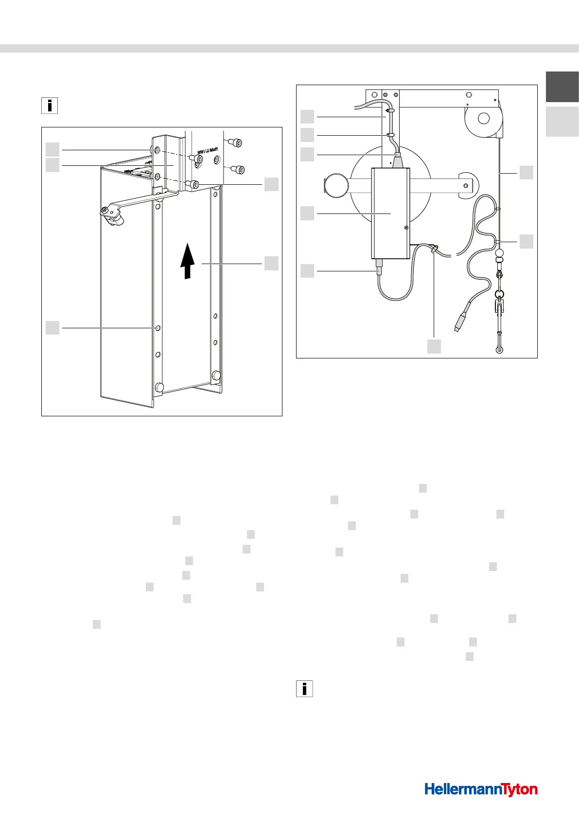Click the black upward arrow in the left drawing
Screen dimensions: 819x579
[x=188, y=263]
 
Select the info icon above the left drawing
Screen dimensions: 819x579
[x=50, y=106]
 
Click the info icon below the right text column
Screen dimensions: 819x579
[x=304, y=689]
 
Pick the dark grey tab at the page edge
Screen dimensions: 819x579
[x=562, y=87]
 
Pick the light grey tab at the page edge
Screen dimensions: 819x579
[x=562, y=122]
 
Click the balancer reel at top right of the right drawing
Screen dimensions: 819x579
[x=483, y=118]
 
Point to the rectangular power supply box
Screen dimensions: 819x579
[x=390, y=213]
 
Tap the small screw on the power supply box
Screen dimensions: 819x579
[x=406, y=227]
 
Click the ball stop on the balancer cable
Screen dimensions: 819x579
[x=499, y=253]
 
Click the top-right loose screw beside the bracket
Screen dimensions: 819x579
[x=238, y=142]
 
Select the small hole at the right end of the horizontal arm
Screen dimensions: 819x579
[x=466, y=185]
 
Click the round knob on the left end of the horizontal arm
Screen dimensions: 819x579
[x=335, y=185]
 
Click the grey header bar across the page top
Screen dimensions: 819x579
[x=289, y=48]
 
